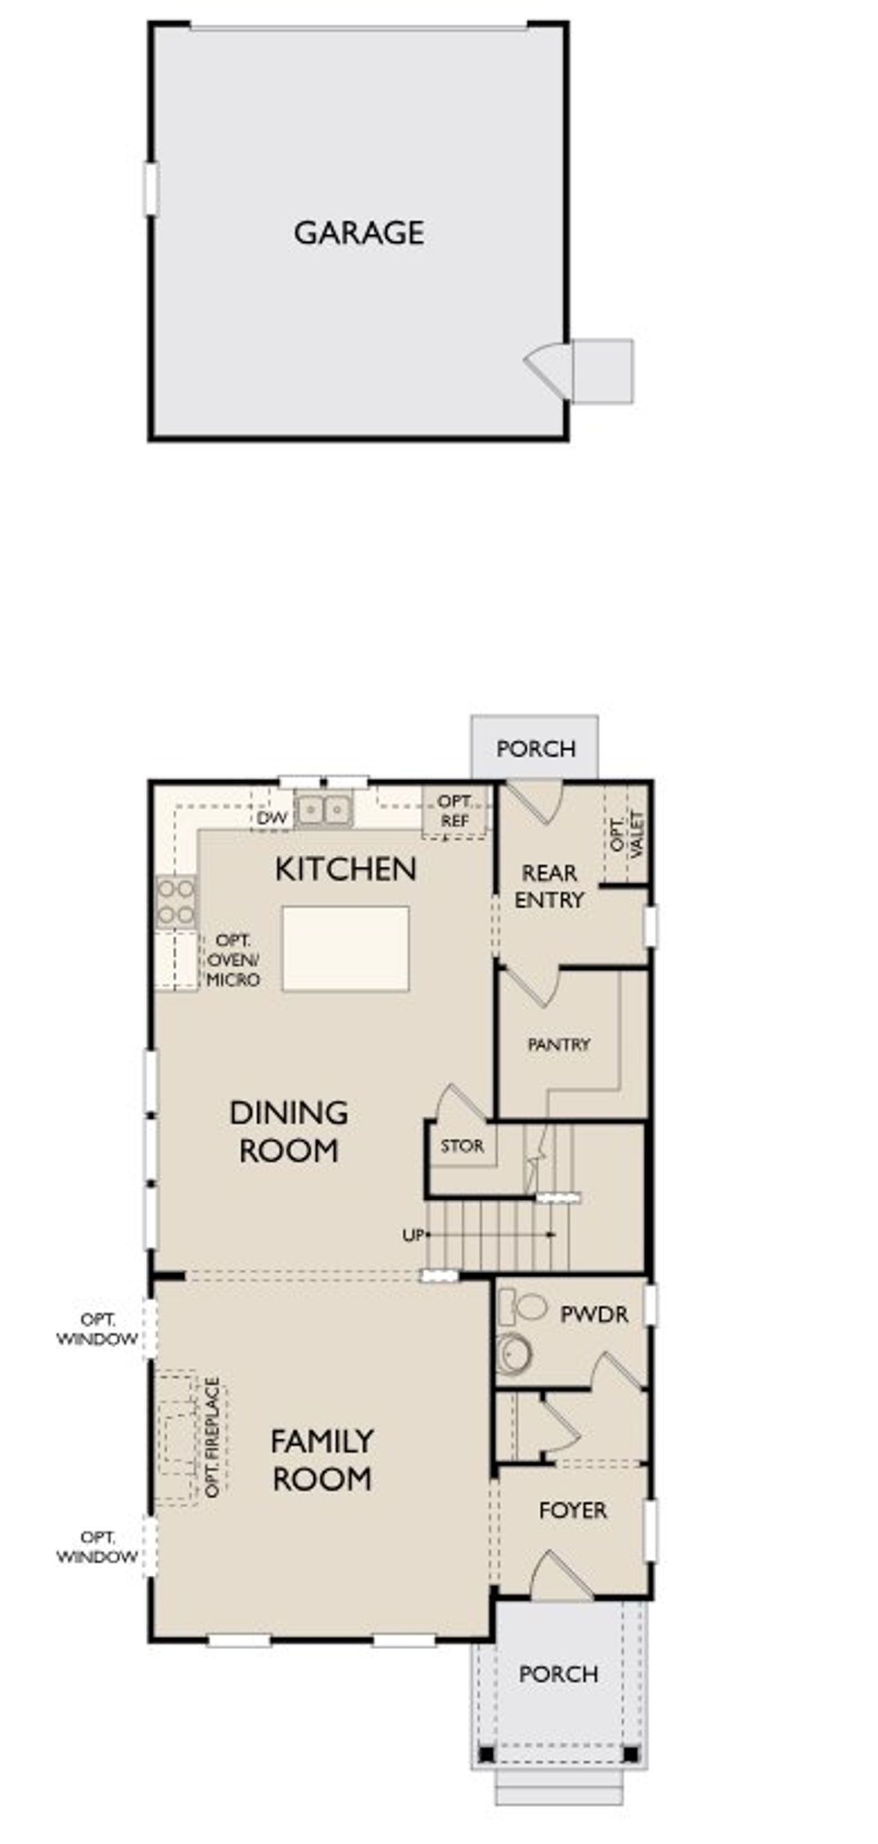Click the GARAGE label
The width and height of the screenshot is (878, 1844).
(359, 233)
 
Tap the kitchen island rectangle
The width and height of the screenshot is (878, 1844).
(346, 949)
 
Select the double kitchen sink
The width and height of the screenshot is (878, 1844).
(324, 810)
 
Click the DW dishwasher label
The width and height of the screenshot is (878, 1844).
(272, 818)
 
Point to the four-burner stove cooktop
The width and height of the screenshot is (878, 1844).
(176, 901)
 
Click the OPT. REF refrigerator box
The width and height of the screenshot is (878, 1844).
(454, 811)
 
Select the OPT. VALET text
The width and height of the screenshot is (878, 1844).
(627, 834)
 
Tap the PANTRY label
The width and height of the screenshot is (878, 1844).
(558, 1044)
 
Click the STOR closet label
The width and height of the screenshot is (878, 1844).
(462, 1146)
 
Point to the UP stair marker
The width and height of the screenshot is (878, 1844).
(412, 1235)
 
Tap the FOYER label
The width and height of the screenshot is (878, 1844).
(573, 1511)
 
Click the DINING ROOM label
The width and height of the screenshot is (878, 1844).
(288, 1131)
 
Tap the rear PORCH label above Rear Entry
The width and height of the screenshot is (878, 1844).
(535, 748)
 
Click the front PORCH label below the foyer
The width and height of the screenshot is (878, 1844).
(558, 1675)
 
